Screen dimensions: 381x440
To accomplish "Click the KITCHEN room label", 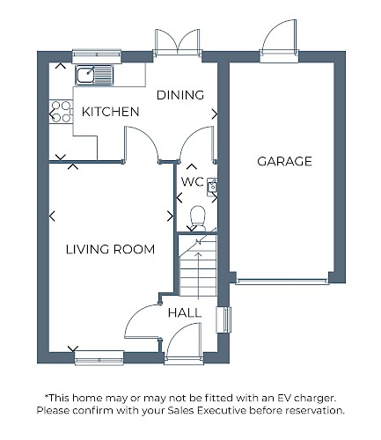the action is click(110, 112).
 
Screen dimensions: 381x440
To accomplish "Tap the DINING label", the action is click(180, 95).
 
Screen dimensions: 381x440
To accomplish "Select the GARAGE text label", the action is click(284, 161).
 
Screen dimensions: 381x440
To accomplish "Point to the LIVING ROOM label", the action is click(110, 249).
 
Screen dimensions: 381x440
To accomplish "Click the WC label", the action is click(193, 182).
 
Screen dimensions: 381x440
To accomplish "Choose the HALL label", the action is click(185, 313).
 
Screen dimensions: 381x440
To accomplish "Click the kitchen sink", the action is click(94, 75).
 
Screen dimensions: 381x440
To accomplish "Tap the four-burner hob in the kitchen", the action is click(61, 112).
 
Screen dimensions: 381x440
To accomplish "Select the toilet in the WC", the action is click(197, 218).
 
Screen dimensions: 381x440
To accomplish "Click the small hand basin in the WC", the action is click(212, 187).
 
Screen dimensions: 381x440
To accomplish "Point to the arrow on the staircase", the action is click(199, 275).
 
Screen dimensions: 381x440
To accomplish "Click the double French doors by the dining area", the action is click(178, 42).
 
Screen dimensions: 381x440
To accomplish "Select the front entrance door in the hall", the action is click(184, 341).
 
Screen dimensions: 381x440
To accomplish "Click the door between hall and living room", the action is click(143, 322).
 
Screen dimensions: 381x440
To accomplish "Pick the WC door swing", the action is click(197, 143).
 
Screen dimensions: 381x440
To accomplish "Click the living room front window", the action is click(99, 358).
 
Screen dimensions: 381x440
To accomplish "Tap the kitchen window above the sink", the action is click(97, 56).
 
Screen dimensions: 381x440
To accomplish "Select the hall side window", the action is click(224, 319).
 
